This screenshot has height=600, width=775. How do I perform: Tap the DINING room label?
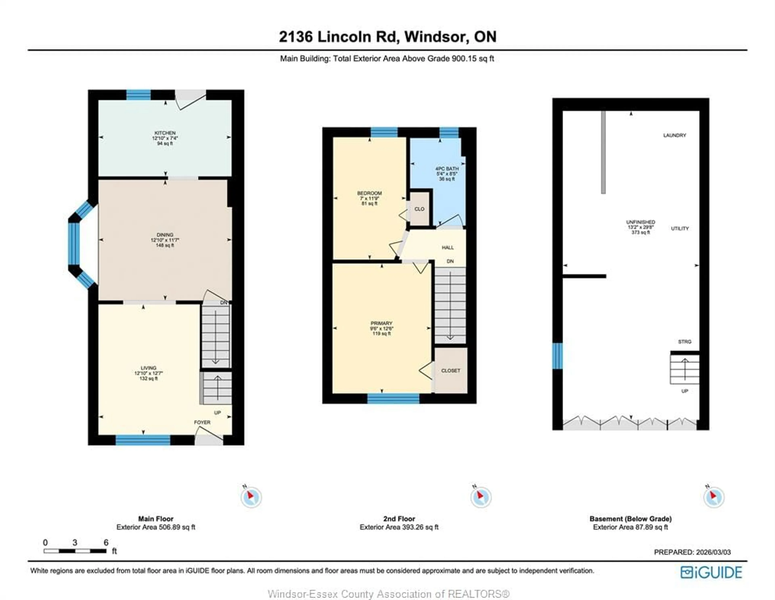tap(165, 235)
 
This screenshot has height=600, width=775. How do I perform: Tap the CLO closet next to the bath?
tap(419, 209)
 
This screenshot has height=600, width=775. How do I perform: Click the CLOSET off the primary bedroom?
tap(451, 371)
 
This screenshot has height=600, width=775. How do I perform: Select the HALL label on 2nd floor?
tap(448, 247)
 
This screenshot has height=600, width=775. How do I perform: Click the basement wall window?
tap(557, 356)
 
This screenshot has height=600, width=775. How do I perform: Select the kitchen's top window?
tap(138, 95)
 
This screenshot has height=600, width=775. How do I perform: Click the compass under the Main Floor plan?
tap(251, 497)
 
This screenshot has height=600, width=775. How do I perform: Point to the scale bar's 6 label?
tap(106, 542)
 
